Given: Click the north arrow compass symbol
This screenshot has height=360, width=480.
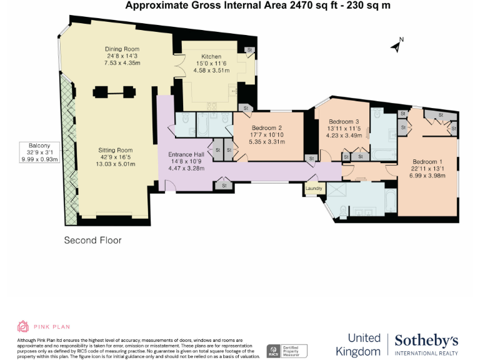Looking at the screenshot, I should click(396, 45).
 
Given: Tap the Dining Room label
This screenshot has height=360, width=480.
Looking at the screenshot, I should click(122, 49).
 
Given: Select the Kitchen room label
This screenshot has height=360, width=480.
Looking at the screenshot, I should click(211, 57).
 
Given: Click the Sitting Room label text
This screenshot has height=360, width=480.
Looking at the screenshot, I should click(116, 150).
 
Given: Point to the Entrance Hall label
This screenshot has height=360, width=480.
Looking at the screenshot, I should click(186, 154).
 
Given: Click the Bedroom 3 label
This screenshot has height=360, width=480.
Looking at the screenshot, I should click(343, 121).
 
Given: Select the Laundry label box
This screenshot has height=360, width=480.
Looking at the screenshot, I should click(313, 187).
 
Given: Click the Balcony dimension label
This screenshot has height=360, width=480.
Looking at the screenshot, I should click(39, 151).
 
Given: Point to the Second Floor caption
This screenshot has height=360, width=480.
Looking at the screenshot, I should click(93, 240).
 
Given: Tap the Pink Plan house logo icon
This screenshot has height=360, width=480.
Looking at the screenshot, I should click(23, 326).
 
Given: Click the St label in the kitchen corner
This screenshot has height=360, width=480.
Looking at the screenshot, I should click(249, 49).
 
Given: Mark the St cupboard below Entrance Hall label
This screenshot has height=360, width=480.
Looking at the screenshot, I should click(224, 185).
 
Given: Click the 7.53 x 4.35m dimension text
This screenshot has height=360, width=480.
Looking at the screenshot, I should click(122, 63).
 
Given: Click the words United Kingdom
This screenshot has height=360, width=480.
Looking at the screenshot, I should click(358, 345).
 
